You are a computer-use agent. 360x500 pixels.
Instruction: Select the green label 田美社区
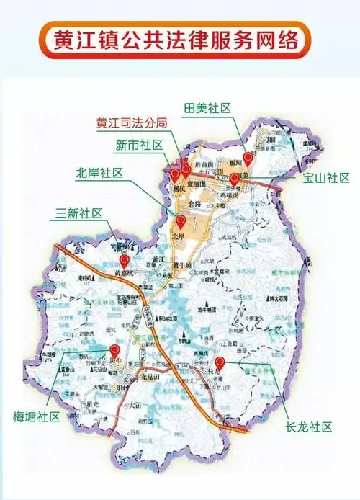click(208, 107)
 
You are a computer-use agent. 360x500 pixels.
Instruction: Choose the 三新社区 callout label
click(79, 213)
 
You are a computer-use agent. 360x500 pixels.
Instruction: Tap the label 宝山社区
click(326, 178)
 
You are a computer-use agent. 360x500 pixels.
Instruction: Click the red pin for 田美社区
click(248, 157)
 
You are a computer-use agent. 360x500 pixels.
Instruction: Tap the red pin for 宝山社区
click(234, 178)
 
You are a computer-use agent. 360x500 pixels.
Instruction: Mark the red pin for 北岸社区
click(181, 220)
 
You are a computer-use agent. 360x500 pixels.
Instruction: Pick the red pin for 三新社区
click(124, 260)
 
